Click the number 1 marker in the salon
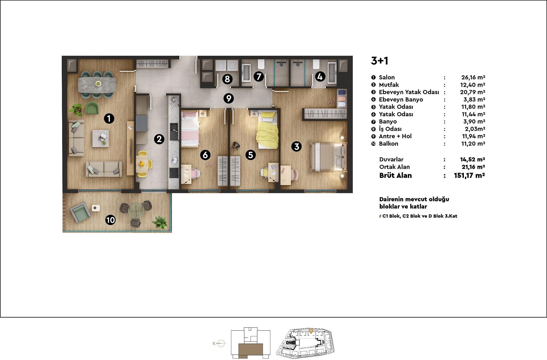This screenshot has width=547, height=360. click(x=109, y=118)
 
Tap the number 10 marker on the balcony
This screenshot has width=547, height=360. click(x=111, y=220)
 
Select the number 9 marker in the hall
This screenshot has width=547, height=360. click(x=228, y=98)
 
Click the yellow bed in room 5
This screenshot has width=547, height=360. click(x=267, y=130)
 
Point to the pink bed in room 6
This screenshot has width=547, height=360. click(x=190, y=129)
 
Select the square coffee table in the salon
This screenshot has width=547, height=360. click(x=101, y=138)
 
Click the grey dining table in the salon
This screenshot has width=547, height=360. click(x=97, y=85)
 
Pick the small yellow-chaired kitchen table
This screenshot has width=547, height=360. click(x=142, y=164)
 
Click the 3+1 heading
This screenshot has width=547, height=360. click(x=379, y=61)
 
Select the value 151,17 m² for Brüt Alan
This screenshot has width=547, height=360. click(x=470, y=176)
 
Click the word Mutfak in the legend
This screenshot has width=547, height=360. click(x=389, y=85)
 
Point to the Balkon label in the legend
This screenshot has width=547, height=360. click(x=389, y=144)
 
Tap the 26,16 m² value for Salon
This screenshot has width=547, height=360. click(x=473, y=77)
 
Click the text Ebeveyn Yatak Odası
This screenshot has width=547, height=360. click(x=409, y=92)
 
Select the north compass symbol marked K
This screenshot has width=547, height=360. click(x=219, y=343)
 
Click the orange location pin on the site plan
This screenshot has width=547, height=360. click(x=311, y=331)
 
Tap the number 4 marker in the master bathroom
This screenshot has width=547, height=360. click(x=320, y=76)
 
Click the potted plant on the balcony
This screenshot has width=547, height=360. click(x=160, y=222)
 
